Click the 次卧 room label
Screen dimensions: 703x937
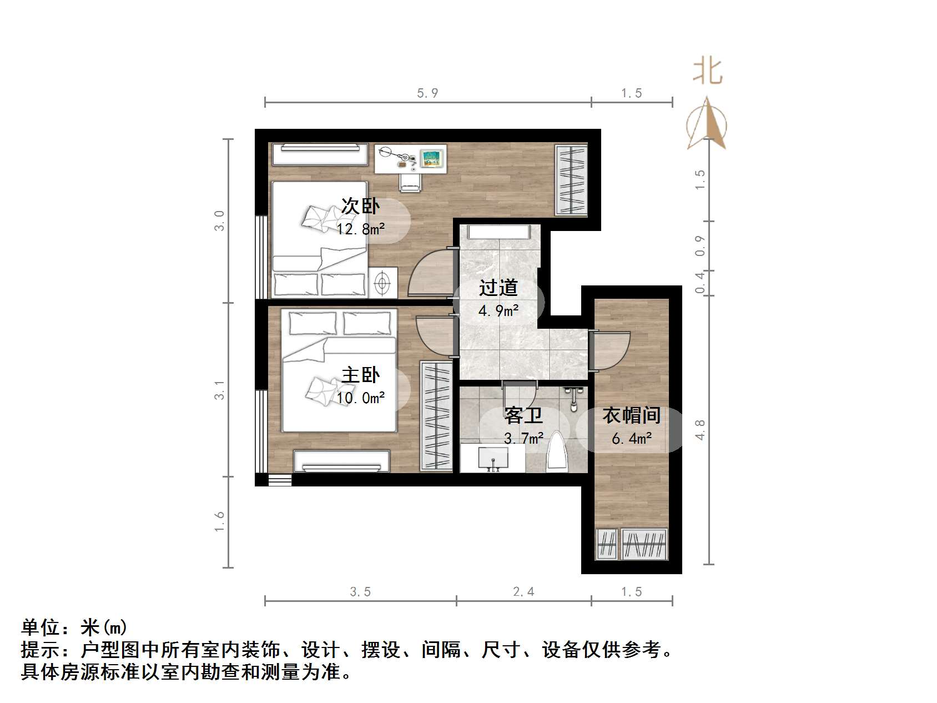coord(360,206)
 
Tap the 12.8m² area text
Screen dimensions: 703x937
coord(360,228)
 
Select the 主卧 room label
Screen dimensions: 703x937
coord(360,375)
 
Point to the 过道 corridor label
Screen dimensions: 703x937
coord(498,288)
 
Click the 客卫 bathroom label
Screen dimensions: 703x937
coord(523,415)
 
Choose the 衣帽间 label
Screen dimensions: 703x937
coord(631,415)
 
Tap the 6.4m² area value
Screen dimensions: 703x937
coord(631,439)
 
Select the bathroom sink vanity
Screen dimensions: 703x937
coord(492,459)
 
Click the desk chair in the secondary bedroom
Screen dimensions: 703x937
coord(410,182)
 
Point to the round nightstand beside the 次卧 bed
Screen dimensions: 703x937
coord(382,283)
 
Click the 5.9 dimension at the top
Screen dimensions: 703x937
coord(427,93)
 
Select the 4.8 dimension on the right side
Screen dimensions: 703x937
coord(699,430)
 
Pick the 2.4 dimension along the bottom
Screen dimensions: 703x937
coord(523,592)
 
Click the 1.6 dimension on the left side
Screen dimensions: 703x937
coord(220,521)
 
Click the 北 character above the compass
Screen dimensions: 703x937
coord(707,72)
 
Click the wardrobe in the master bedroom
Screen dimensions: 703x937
coord(436,416)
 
